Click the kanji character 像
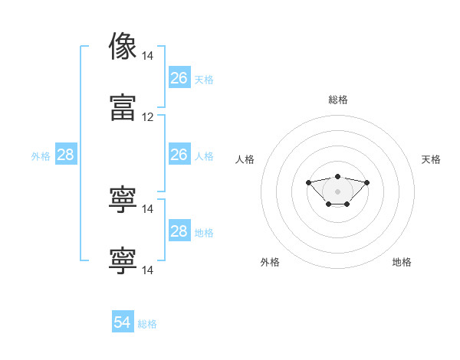pyautogui.click(x=123, y=46)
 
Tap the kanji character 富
pyautogui.click(x=123, y=107)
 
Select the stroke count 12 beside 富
pyautogui.click(x=147, y=117)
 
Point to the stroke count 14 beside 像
pyautogui.click(x=147, y=56)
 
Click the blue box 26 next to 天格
pyautogui.click(x=179, y=77)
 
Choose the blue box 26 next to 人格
pyautogui.click(x=179, y=154)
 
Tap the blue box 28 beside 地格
pyautogui.click(x=179, y=230)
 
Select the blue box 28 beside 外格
pyautogui.click(x=66, y=154)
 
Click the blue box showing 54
pyautogui.click(x=123, y=321)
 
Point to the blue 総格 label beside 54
pyautogui.click(x=147, y=324)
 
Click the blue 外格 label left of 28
pyautogui.click(x=41, y=156)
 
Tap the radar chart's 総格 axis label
pyautogui.click(x=338, y=100)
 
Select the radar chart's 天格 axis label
pyautogui.click(x=431, y=159)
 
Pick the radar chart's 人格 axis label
pyautogui.click(x=245, y=159)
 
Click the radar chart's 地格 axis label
pyautogui.click(x=402, y=262)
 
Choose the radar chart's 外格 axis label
pyautogui.click(x=270, y=262)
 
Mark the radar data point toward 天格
pyautogui.click(x=366, y=182)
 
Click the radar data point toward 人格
pyautogui.click(x=308, y=182)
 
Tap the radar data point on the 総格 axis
pyautogui.click(x=337, y=176)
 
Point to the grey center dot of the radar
pyautogui.click(x=337, y=191)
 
